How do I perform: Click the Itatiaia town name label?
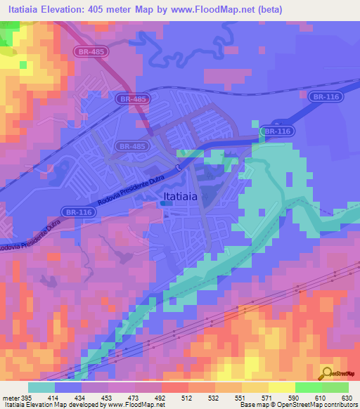[x=179, y=197]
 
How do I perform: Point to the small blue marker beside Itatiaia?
[x=164, y=203]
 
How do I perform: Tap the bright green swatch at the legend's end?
[x=335, y=387]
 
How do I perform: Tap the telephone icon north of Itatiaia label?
[x=179, y=167]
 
